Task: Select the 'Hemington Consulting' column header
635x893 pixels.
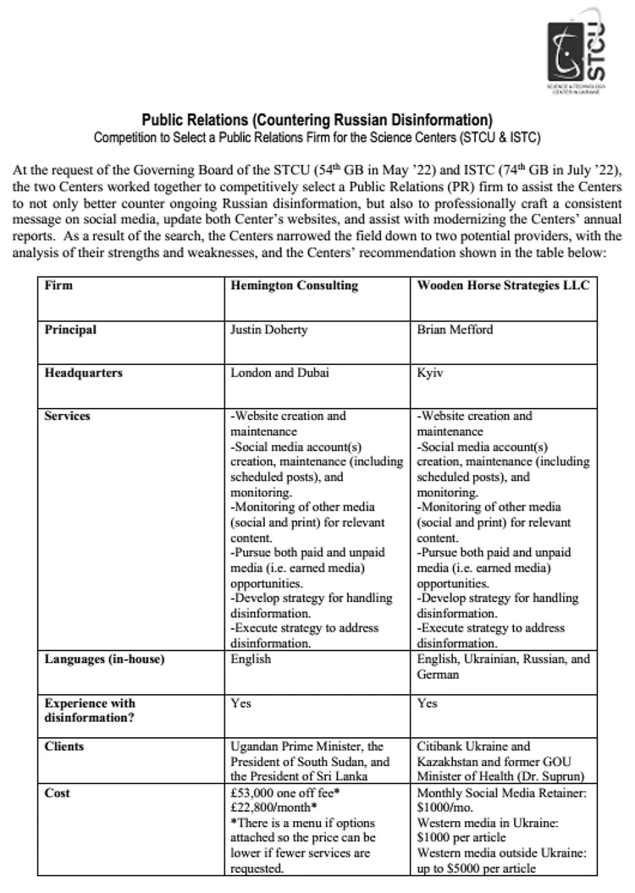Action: pyautogui.click(x=294, y=285)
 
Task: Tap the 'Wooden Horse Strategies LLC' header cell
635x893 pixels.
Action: pyautogui.click(x=503, y=285)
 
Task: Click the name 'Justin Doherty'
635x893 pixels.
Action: pyautogui.click(x=266, y=329)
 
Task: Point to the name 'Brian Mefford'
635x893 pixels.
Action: pyautogui.click(x=455, y=329)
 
